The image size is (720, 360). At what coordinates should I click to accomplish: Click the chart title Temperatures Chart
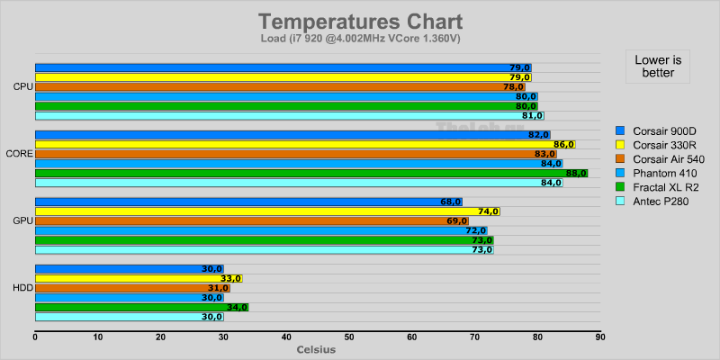point(360,21)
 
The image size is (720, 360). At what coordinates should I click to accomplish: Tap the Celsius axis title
point(316,349)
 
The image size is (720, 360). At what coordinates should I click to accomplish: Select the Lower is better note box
point(658,66)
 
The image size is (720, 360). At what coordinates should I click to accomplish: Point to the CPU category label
point(23,86)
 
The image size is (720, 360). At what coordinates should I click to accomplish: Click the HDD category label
point(23,288)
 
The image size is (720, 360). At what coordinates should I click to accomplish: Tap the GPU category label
point(23,220)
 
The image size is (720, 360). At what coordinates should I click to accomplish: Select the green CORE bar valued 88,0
point(310,173)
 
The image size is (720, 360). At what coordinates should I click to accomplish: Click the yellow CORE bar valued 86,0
point(304,144)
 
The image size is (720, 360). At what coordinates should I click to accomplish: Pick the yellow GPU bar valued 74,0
point(266,211)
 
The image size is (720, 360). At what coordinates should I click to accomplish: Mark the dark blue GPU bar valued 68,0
point(248,202)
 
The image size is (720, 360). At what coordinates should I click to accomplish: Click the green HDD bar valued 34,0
point(141,307)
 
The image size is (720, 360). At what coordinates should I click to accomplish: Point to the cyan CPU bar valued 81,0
point(289,115)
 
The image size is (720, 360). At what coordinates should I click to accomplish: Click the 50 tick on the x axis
point(349,337)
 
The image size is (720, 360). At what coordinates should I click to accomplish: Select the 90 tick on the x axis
point(600,337)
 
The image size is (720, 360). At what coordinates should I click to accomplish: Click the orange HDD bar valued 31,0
point(132,288)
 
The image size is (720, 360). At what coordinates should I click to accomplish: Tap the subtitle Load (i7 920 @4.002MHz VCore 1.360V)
point(360,39)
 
